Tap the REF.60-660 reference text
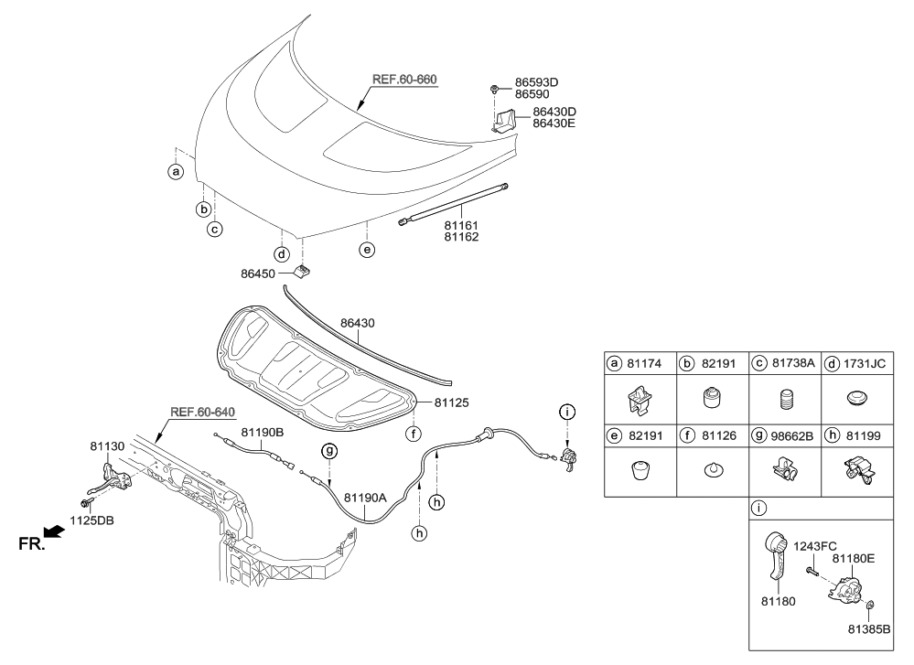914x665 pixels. [403, 80]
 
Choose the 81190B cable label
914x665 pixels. [263, 431]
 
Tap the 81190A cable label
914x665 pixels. [365, 498]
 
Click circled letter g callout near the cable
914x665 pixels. [328, 450]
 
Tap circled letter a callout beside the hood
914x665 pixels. [176, 172]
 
